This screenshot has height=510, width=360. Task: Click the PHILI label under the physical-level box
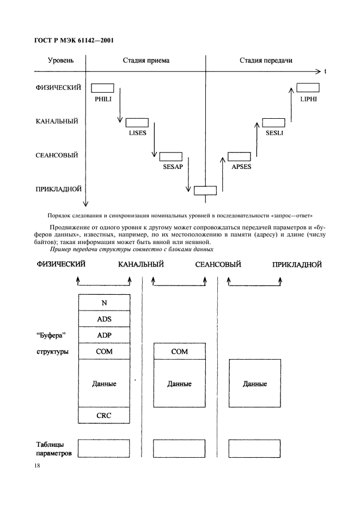pos(102,99)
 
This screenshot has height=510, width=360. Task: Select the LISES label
pos(138,133)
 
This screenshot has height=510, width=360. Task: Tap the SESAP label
pos(173,167)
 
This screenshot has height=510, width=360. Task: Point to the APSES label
pos(241,167)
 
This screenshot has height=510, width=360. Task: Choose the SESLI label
pos(274,133)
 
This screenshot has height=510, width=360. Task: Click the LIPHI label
pos(308,99)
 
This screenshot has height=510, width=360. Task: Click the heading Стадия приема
pos(146,60)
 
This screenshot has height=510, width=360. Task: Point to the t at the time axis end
pos(325,71)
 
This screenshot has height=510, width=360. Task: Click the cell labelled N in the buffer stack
pos(104,302)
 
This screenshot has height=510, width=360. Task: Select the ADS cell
pos(104,319)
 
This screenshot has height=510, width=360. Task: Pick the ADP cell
pos(104,335)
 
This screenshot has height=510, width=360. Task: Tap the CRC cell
pos(104,416)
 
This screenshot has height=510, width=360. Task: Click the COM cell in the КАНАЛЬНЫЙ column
pos(179,351)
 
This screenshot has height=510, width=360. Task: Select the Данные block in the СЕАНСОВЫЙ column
pos(255,384)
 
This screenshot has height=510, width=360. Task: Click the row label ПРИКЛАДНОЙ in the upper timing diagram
pos(59,189)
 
